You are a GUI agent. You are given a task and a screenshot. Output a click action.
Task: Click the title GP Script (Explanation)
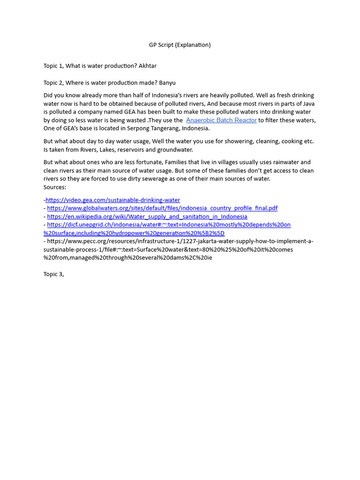coord(180,45)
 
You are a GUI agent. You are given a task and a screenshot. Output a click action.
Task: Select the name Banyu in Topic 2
coord(167,83)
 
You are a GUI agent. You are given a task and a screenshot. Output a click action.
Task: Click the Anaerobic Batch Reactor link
coord(221,120)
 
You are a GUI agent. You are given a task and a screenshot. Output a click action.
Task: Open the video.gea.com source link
coord(112,200)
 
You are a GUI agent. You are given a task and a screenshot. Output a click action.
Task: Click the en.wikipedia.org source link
coord(147,217)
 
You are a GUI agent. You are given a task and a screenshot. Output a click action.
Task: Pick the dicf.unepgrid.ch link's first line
coord(169,225)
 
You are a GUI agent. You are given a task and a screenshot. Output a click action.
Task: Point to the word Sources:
coord(55,187)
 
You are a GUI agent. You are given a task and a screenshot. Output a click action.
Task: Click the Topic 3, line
coord(53,274)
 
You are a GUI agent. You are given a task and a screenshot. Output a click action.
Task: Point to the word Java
coord(308,104)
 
